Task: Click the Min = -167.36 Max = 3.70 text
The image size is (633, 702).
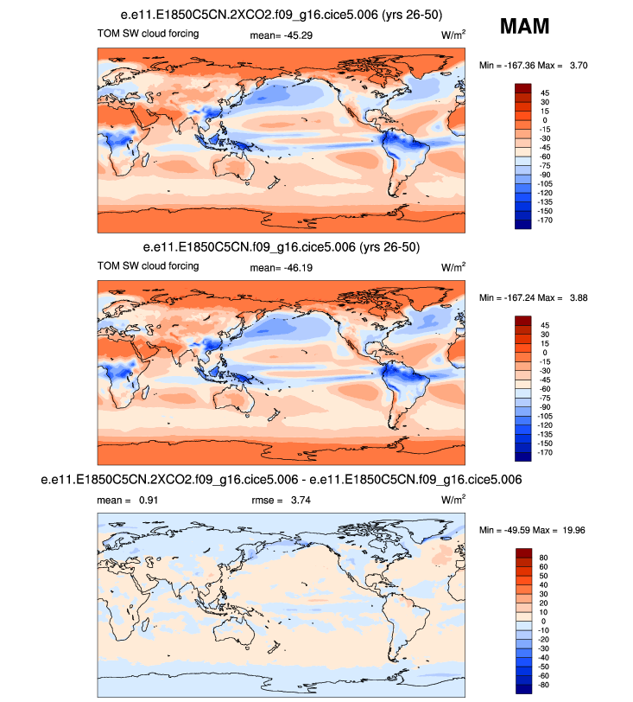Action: click(534, 66)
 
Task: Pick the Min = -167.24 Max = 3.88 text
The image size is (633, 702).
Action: click(534, 298)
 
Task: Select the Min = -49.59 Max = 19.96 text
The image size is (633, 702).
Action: click(534, 529)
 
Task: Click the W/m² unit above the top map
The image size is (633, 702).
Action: click(453, 35)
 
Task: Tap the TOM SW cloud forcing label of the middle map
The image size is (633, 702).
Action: click(148, 266)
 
